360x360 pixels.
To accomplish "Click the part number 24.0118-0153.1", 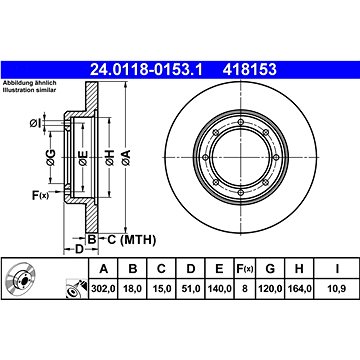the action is point(146,69).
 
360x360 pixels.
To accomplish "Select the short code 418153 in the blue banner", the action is point(250,69).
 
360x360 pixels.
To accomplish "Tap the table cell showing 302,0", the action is point(103,289).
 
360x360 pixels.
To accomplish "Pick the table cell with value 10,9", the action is point(337,289).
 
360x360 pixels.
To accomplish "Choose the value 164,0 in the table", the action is point(299,289).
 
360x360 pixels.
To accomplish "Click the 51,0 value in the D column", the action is point(190,289).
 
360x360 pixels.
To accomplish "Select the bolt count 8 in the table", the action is point(245,289).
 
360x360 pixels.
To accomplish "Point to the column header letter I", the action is point(337,269).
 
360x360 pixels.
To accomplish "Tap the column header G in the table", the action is point(270,269).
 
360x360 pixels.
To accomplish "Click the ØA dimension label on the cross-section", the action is point(126,158).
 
